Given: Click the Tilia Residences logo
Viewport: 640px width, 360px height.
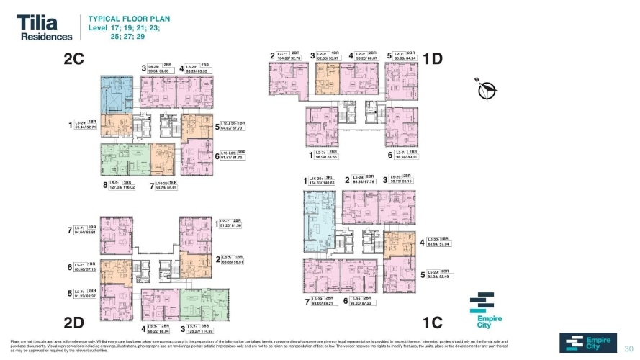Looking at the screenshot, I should (45, 27).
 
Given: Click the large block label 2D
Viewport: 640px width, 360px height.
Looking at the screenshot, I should (77, 321).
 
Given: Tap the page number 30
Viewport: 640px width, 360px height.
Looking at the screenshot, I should (627, 346).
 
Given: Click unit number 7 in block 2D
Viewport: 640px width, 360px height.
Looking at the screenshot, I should (69, 230).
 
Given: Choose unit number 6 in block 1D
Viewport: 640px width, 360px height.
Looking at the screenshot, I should (389, 154).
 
